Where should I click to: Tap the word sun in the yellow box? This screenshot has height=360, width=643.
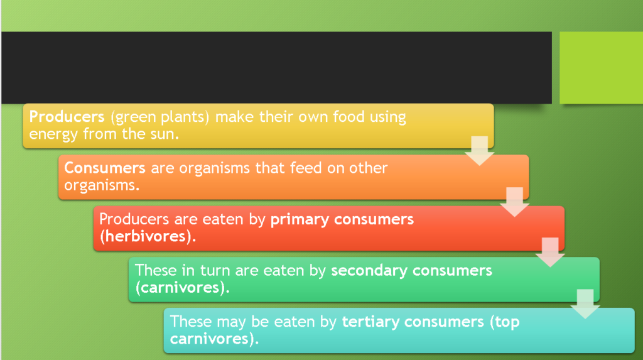click(x=160, y=134)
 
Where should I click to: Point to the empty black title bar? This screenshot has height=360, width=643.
click(x=276, y=67)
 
